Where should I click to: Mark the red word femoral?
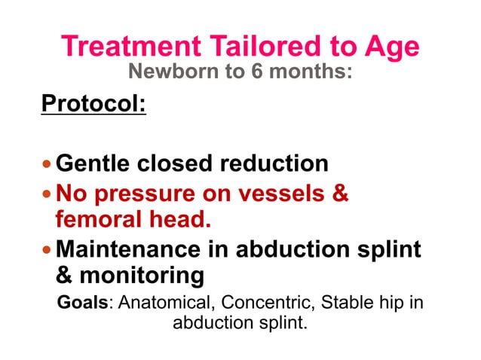[x=97, y=220]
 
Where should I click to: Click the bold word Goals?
[x=82, y=304]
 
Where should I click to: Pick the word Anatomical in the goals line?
[x=173, y=304]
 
